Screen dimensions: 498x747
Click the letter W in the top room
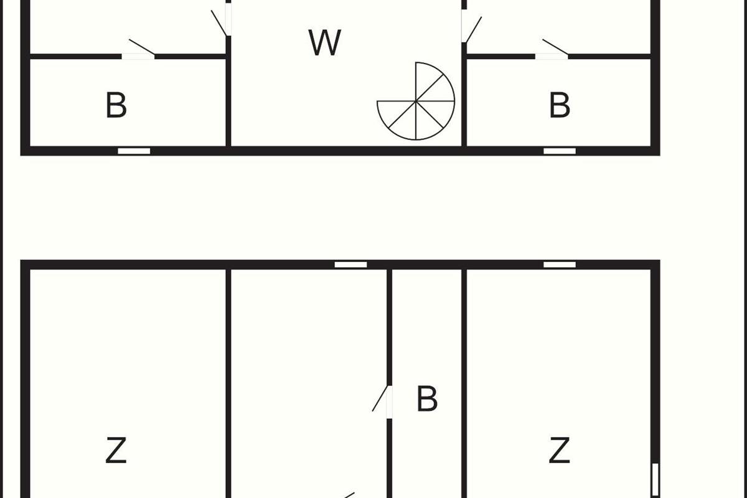[x=325, y=42]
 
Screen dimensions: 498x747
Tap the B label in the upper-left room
[x=116, y=105]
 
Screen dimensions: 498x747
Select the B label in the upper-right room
[x=560, y=105]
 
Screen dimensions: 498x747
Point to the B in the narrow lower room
[x=426, y=399]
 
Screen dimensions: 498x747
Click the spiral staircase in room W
[x=416, y=101]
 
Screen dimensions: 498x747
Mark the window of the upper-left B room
[x=134, y=151]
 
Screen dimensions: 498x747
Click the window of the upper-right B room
[x=560, y=151]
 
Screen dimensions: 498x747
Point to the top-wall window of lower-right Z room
[x=560, y=265]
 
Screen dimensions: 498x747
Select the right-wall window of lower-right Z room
[x=655, y=479]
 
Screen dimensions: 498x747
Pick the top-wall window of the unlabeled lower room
[x=350, y=265]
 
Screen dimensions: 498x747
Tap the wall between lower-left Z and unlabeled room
[x=228, y=374]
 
